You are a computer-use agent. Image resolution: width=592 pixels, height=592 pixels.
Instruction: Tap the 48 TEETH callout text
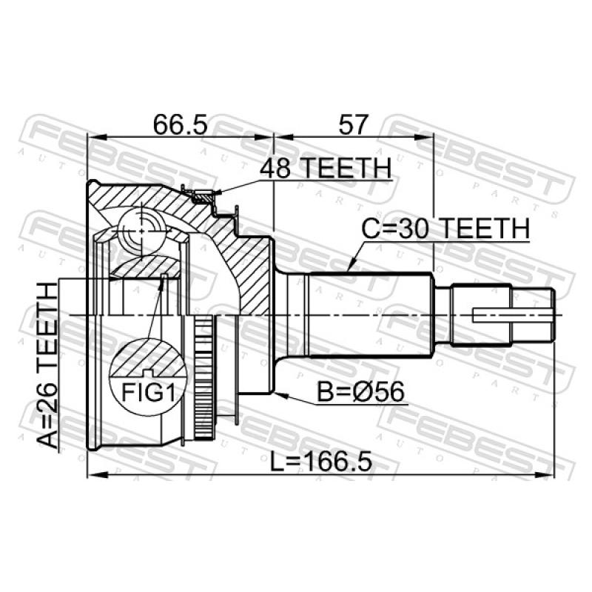(326, 168)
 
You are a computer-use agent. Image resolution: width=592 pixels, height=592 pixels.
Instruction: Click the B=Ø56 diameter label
(360, 391)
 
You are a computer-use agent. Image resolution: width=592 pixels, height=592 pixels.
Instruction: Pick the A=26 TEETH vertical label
(48, 366)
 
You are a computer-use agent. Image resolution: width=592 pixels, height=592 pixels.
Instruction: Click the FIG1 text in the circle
(149, 392)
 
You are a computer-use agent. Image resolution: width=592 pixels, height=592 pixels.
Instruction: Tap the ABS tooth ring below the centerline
(204, 377)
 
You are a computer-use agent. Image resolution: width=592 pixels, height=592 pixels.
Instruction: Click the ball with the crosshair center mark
(141, 231)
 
